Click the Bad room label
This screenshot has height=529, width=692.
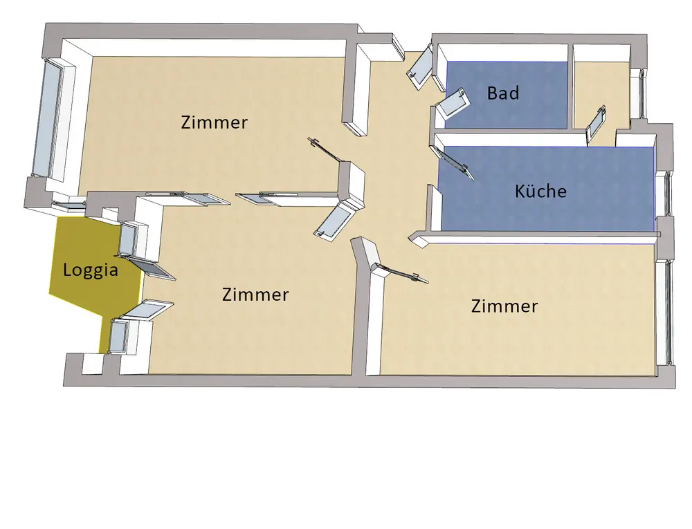(x=502, y=93)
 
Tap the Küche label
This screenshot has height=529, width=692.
(x=540, y=191)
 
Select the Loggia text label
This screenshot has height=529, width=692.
(x=90, y=270)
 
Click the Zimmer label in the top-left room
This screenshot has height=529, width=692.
(x=214, y=122)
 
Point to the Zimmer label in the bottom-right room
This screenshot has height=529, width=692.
(x=504, y=306)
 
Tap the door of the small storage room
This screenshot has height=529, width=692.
(x=597, y=124)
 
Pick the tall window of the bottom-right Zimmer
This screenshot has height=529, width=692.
(x=669, y=311)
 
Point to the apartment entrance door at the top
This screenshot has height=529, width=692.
(x=419, y=69)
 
